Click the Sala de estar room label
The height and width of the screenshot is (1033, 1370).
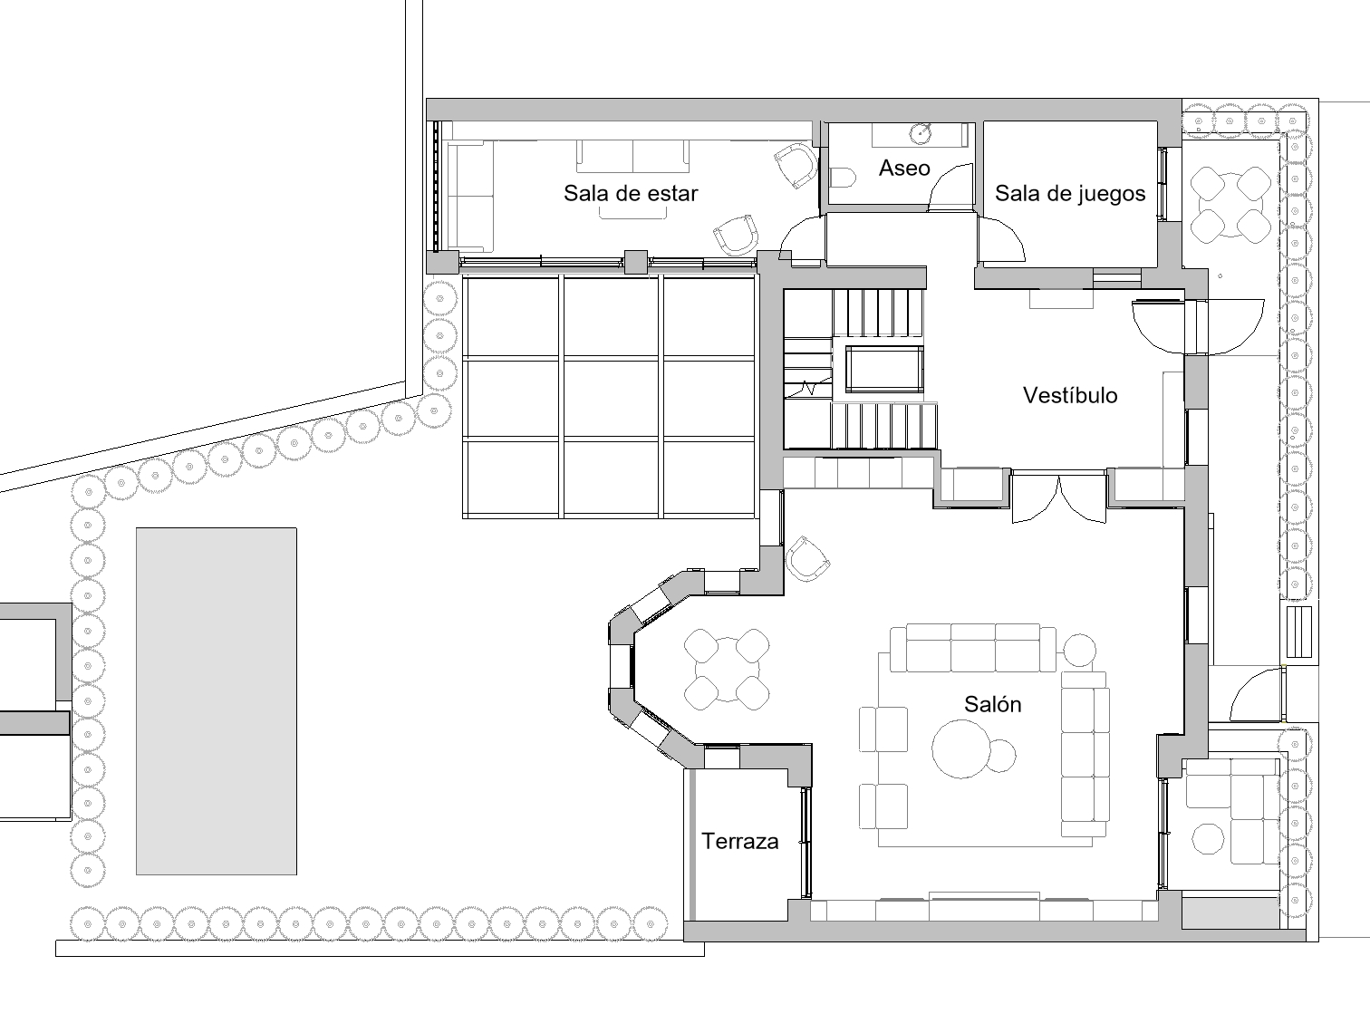coord(631,194)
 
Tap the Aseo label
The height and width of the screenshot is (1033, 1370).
coord(904,168)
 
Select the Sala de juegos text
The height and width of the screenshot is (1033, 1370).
coord(1070,194)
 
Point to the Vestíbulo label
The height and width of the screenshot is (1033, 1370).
coord(1070,395)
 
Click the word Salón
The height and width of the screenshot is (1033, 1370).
coord(992,704)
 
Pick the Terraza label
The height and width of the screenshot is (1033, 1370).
coord(740,842)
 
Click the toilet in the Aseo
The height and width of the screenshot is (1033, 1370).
coord(844,178)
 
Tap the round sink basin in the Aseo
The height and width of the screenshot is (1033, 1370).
coord(921,133)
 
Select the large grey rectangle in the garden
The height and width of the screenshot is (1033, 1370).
coord(217,701)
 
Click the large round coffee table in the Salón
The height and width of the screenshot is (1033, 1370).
coord(961,749)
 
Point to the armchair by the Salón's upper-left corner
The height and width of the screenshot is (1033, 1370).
coord(807,558)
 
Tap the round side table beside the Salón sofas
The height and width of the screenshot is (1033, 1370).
coord(1079,651)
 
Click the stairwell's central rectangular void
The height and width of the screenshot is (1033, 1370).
coord(884,369)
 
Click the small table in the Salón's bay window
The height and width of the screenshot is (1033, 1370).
coord(727,669)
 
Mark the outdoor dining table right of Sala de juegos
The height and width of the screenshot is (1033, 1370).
coord(1230,205)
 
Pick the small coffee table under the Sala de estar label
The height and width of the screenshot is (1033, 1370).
coord(632,213)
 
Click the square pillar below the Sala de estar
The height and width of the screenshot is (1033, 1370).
coord(636,262)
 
